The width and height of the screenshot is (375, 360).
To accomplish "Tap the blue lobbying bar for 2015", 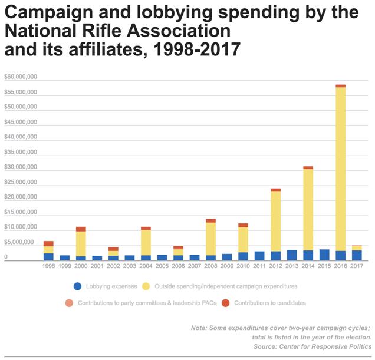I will click(x=324, y=255).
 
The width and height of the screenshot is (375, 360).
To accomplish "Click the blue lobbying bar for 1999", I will click(x=65, y=257).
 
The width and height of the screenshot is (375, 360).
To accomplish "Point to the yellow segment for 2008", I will click(x=210, y=239).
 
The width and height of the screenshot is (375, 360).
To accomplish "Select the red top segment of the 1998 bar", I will click(x=48, y=243).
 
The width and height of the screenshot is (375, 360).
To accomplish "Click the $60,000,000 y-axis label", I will click(x=21, y=77).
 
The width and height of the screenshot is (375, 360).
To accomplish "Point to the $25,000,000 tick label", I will click(x=21, y=182).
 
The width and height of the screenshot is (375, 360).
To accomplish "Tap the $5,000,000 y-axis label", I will click(x=21, y=242).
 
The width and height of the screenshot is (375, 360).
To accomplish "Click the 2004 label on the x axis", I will click(x=146, y=266).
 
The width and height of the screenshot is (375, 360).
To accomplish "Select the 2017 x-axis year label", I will click(x=357, y=266).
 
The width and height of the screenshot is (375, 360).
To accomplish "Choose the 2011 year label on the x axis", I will click(x=259, y=266).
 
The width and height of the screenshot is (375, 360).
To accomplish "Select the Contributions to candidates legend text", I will click(x=270, y=303).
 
